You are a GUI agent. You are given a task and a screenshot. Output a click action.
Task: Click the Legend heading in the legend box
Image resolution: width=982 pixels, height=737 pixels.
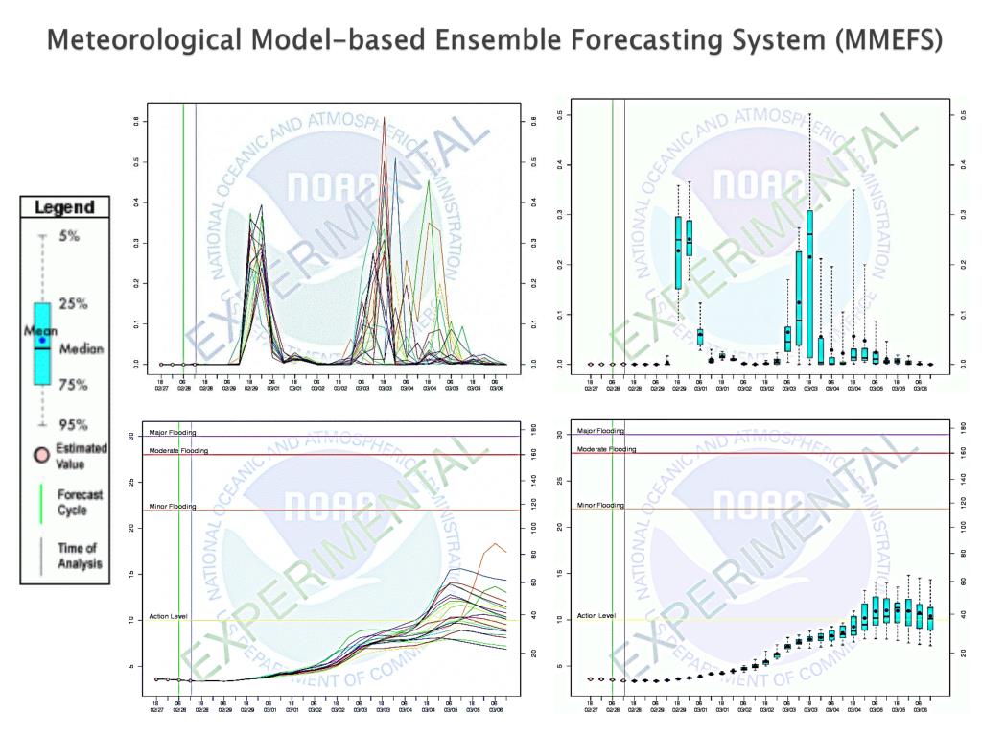[64, 207]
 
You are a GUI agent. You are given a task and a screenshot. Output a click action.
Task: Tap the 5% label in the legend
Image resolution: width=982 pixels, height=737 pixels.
[70, 235]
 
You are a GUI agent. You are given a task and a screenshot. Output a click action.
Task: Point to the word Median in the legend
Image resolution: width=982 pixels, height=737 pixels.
[82, 349]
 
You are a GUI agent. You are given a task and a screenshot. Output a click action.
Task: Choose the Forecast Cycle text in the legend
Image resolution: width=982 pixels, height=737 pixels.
[84, 502]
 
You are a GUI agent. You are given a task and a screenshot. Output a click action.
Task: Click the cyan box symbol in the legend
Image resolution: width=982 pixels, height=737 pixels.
[42, 344]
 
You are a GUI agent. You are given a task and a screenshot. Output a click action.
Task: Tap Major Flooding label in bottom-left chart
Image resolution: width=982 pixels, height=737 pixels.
[173, 433]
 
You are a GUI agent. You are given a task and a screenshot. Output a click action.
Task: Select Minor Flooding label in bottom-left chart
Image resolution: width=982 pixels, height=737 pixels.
[173, 507]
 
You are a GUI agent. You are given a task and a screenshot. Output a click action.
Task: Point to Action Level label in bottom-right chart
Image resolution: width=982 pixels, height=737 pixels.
[595, 616]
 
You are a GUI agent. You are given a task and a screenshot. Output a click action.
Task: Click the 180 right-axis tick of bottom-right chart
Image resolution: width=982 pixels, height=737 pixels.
[949, 424]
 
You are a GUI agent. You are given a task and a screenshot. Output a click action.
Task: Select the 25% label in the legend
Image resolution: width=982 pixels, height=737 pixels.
[73, 304]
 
